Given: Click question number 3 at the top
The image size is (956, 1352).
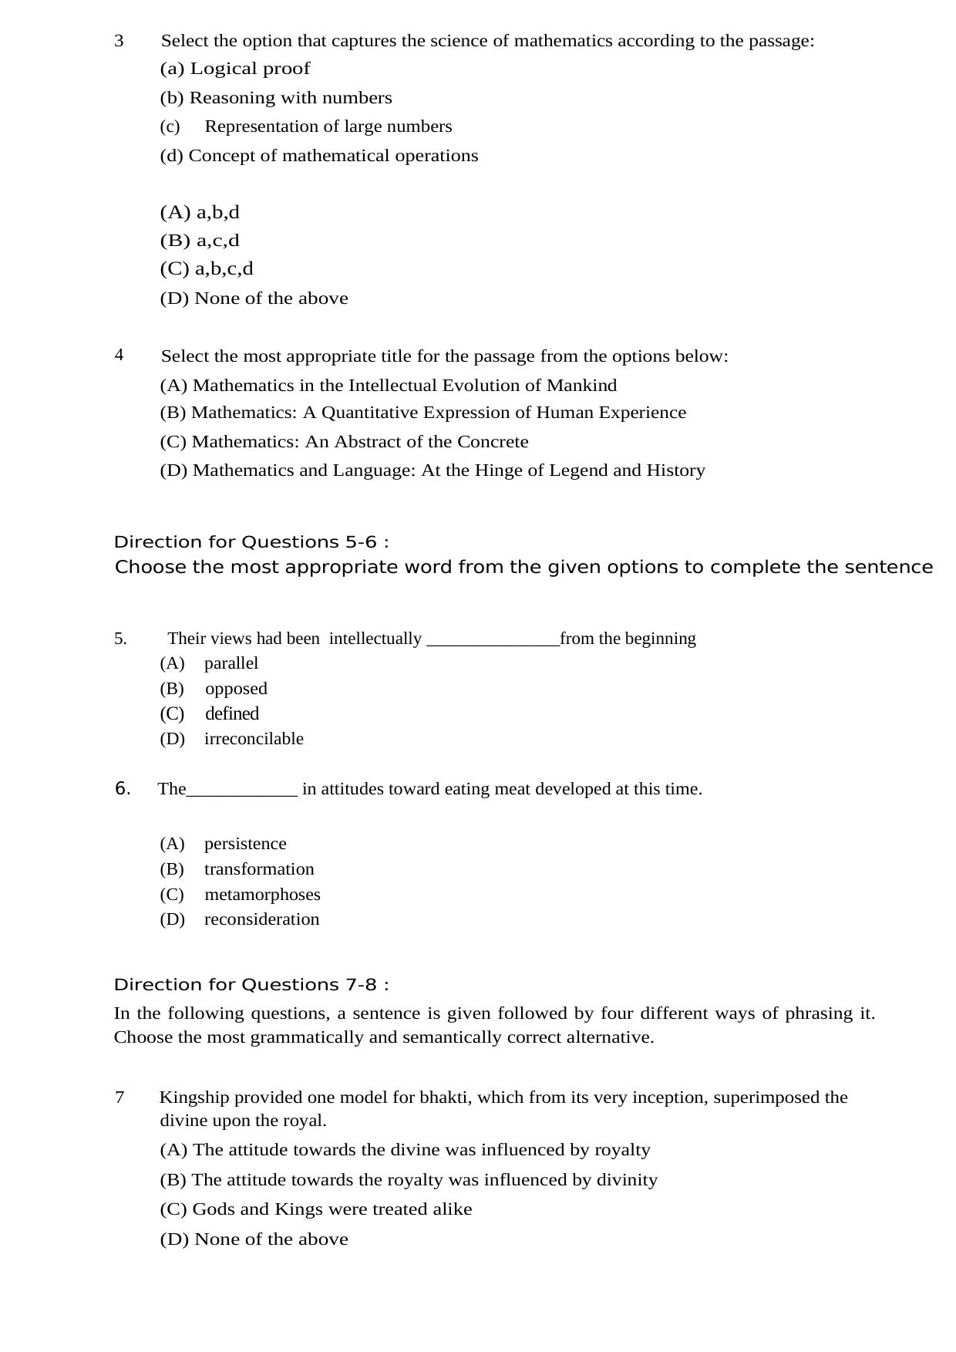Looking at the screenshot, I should pos(119,41).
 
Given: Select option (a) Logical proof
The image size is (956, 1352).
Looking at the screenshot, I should pos(235,69).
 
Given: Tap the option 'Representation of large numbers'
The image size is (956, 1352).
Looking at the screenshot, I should pos(328,126).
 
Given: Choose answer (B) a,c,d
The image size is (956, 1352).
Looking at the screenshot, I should pos(200,241).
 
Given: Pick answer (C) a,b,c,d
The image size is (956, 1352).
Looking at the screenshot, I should pos(207,269).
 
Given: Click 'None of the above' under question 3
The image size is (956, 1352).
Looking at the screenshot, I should pos(254,298).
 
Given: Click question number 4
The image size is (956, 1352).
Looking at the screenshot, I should pos(119,356).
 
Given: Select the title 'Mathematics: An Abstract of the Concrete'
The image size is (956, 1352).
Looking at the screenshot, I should pos(345,442).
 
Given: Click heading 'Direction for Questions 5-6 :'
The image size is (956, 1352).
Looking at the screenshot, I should pos(251,542).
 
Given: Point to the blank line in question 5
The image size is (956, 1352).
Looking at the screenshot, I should pos(492,639).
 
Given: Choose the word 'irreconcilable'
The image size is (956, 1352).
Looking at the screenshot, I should pos(254,739).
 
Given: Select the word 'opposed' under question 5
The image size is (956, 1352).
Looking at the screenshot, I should pos(236,689).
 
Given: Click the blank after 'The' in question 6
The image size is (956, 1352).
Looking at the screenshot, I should pos(241,790).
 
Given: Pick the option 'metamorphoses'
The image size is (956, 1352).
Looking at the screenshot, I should pos(262,895).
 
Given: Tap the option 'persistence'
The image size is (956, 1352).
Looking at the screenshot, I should pos(245,844).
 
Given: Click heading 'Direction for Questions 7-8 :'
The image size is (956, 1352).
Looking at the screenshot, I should pos(251,985).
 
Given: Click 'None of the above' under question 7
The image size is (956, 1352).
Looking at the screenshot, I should pos(254,1239).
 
